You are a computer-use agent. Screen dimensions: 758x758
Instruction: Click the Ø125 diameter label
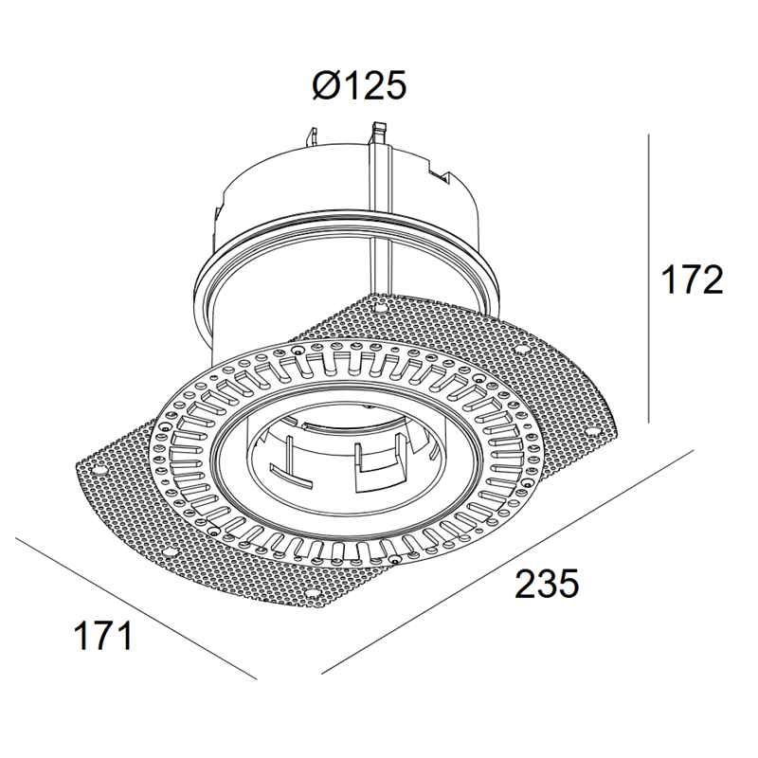(x=359, y=86)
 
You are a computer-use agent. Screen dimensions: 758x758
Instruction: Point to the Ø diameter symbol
(x=328, y=86)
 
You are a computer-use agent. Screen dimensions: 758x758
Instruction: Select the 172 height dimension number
(x=692, y=280)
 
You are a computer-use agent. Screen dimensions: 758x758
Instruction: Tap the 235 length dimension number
(x=547, y=584)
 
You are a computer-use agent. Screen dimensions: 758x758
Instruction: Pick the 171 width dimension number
(x=102, y=635)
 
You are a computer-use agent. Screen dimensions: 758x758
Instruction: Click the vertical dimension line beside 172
(x=649, y=279)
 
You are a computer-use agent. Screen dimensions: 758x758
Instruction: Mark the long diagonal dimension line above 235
(x=508, y=561)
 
